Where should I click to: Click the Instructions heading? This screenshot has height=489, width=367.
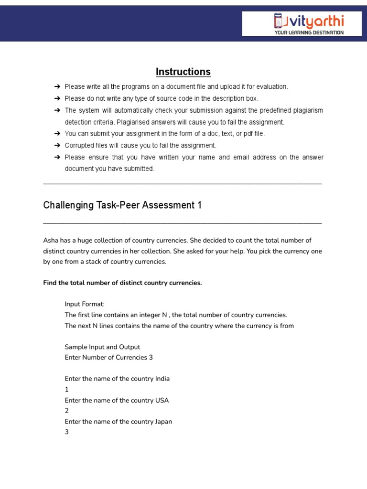point(183,72)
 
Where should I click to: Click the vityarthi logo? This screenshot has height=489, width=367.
point(309,21)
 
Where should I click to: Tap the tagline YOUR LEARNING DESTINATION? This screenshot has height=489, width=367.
point(309,32)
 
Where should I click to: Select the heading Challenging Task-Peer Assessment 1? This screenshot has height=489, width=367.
point(122,205)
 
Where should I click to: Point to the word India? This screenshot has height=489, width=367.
point(162,379)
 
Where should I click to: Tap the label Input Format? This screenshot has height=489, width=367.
point(85,304)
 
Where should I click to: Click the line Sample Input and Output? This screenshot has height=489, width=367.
point(102,347)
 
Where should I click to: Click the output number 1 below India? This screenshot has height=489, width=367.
point(67,390)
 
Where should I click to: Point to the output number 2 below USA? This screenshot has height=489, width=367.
point(67,411)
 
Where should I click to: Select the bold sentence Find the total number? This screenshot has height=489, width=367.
point(122,283)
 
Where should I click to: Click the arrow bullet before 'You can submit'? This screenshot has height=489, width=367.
point(57,134)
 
